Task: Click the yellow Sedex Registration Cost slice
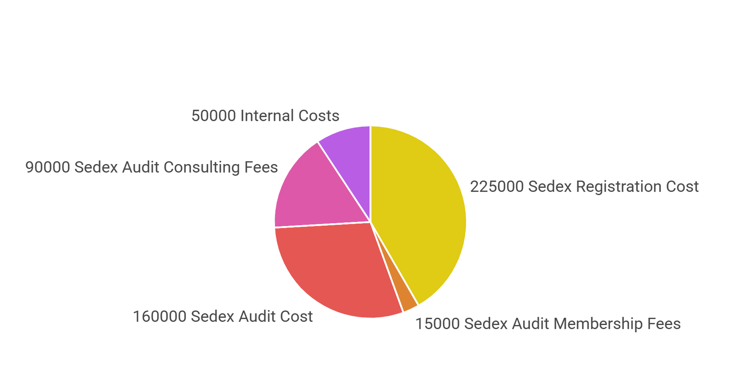pos(419,214)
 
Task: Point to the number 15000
pos(437,324)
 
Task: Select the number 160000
pos(159,316)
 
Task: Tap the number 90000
pos(47,167)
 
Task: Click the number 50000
pos(213,116)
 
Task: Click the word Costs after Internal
pos(318,116)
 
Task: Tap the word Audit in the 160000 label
pos(255,316)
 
